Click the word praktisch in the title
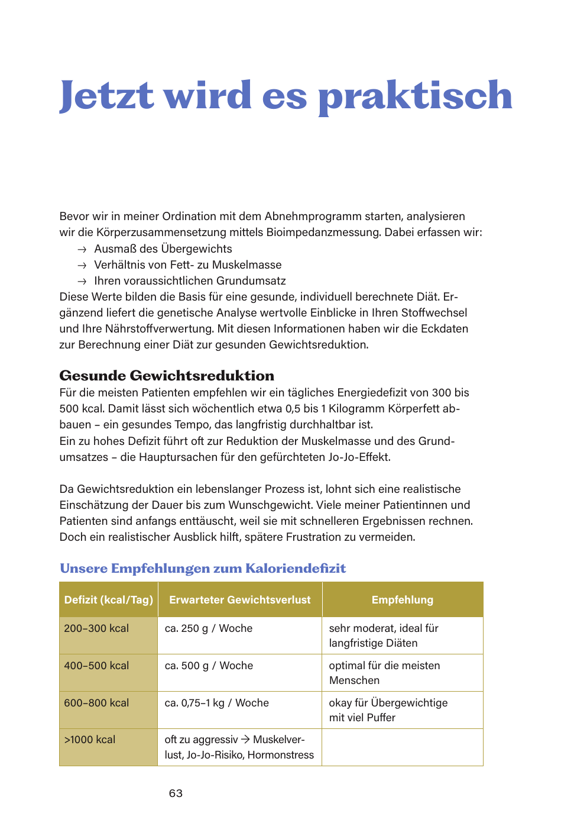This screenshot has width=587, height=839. [x=415, y=96]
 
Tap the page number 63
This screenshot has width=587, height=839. [x=176, y=793]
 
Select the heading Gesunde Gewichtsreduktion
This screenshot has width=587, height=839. [x=167, y=376]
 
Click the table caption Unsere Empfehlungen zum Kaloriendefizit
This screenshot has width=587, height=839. [x=203, y=569]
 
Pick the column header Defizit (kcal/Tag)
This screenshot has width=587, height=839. [x=109, y=600]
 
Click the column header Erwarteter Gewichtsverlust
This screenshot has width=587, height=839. [x=240, y=600]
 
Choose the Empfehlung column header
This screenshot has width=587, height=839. [x=403, y=600]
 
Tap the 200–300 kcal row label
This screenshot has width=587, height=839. [x=96, y=628]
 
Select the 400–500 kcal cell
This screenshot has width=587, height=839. [x=96, y=666]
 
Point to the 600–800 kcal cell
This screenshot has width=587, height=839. [x=96, y=703]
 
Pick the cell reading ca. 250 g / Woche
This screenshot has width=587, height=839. [x=209, y=628]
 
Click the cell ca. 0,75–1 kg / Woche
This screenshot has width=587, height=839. [x=217, y=703]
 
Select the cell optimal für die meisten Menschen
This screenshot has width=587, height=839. [x=384, y=673]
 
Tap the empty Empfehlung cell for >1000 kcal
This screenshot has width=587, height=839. [x=403, y=747]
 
